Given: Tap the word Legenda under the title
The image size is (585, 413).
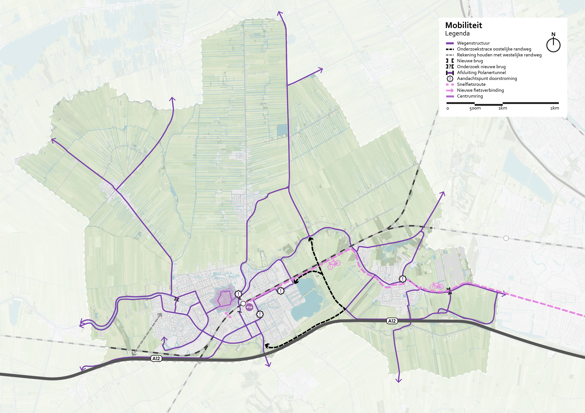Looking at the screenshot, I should click(x=457, y=33).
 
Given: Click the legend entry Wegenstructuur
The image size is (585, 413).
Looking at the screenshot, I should click(x=473, y=43).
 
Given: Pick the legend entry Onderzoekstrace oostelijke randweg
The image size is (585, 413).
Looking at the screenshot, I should click(x=494, y=49).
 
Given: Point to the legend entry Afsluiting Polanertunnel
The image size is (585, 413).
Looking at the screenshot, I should click(x=481, y=73).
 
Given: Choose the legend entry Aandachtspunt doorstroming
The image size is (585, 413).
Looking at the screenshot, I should click(x=487, y=78).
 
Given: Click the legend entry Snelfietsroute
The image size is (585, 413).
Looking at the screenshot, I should click(x=471, y=84).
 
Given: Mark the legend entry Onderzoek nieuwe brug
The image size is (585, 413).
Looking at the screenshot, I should click(x=481, y=67).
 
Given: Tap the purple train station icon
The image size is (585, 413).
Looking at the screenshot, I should click(x=249, y=307).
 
